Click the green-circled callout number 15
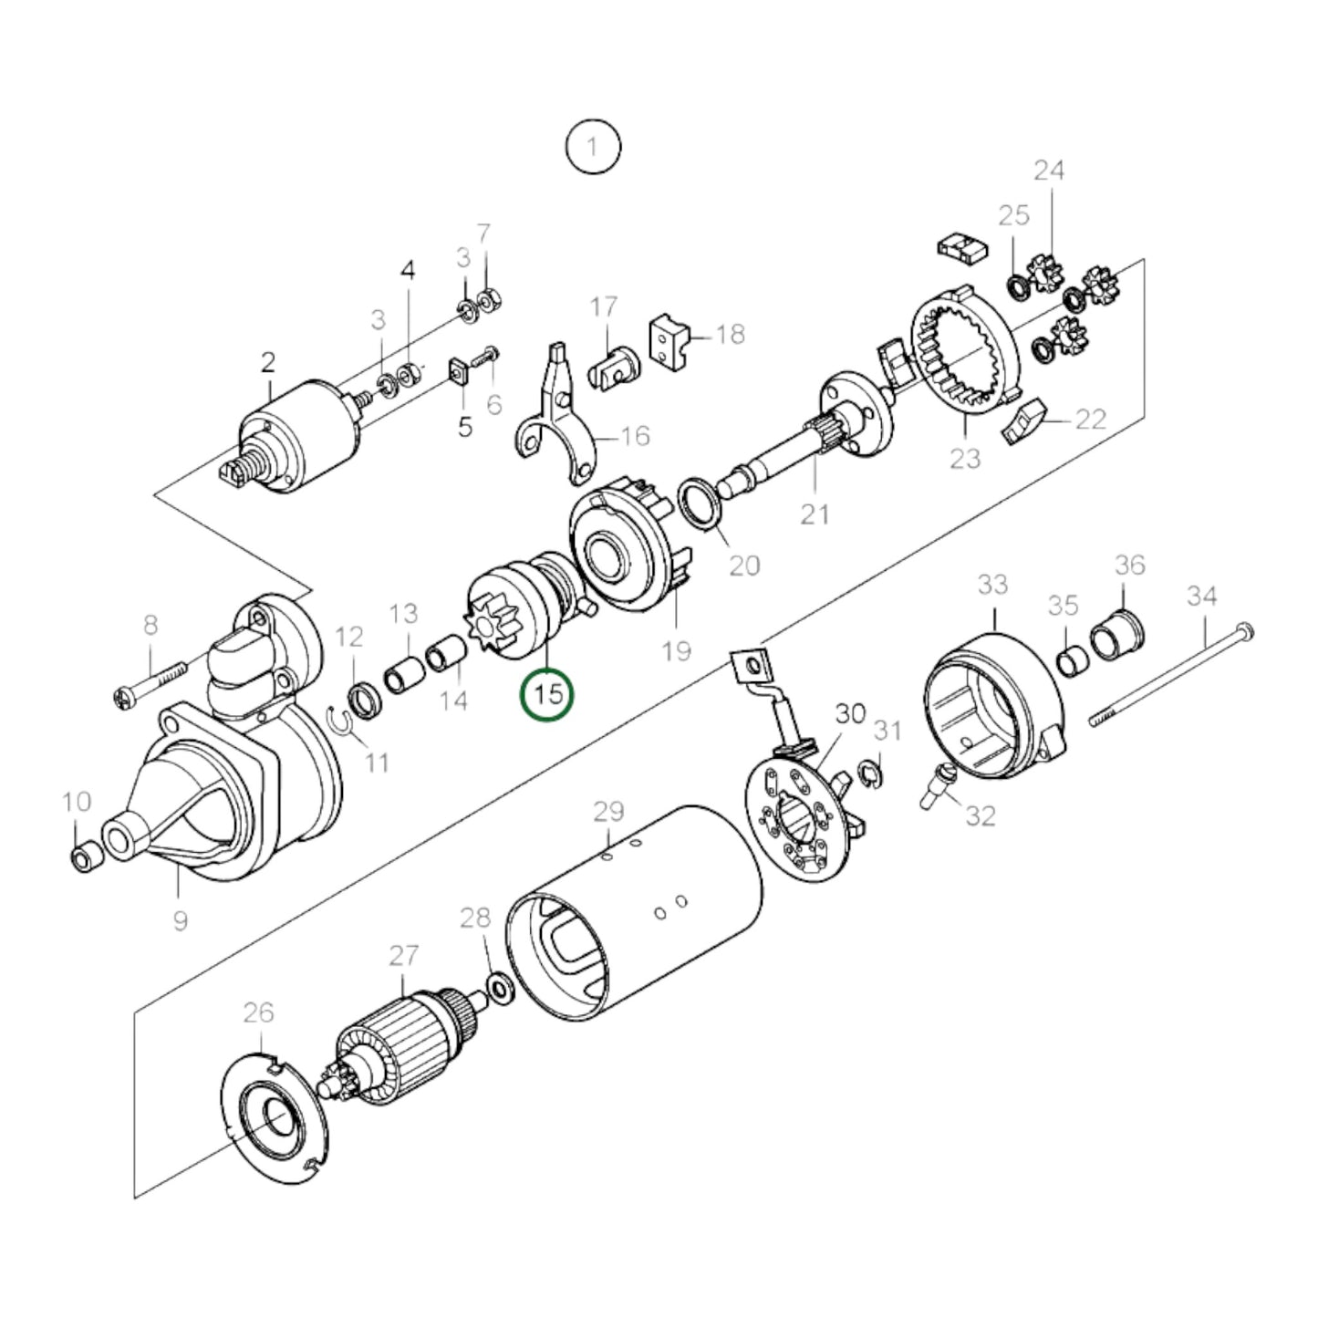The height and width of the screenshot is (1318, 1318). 547,695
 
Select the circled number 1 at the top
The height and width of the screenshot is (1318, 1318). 593,146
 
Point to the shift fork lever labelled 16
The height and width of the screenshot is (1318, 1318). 555,410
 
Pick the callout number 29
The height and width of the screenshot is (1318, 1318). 608,812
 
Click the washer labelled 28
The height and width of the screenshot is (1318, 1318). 500,986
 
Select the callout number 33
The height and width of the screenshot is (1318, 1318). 992,585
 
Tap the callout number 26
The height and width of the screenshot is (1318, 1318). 258,1012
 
